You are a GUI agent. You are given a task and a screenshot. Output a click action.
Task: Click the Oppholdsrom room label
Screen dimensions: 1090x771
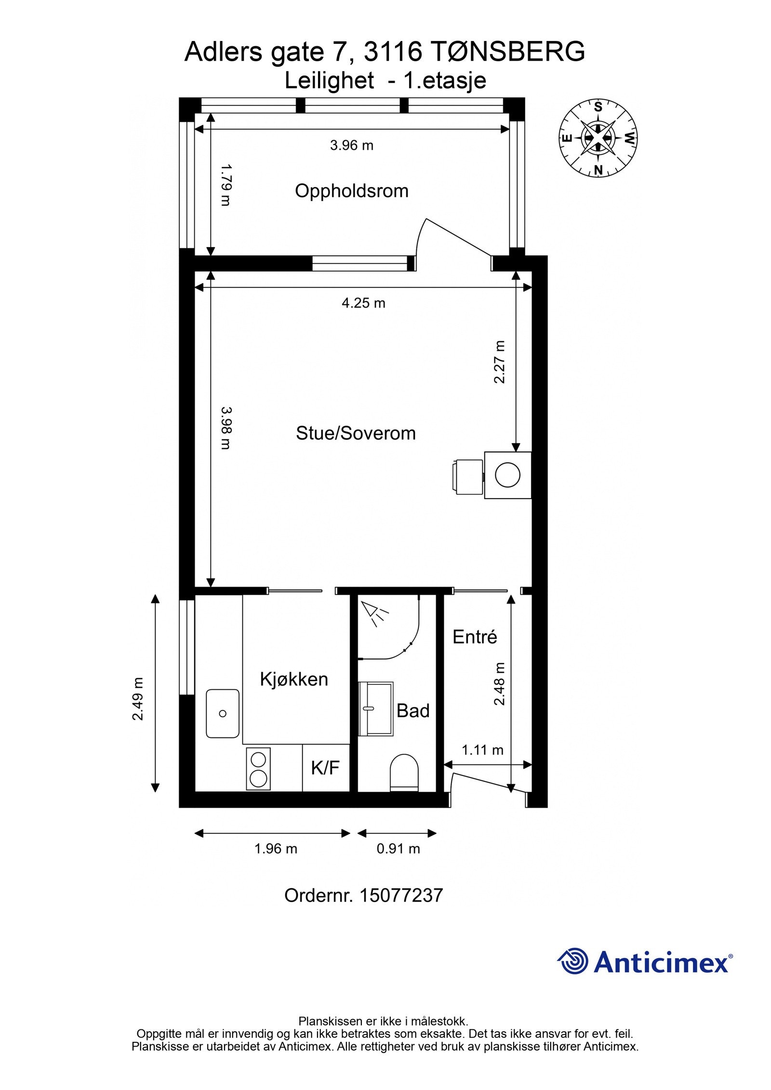click(351, 191)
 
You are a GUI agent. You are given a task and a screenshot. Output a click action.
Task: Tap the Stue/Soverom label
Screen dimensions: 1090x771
click(356, 433)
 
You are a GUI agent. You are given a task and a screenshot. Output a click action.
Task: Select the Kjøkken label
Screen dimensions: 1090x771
click(294, 679)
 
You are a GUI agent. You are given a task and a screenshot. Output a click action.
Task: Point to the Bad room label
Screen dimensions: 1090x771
click(413, 711)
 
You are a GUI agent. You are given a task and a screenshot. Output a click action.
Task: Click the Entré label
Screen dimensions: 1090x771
click(475, 637)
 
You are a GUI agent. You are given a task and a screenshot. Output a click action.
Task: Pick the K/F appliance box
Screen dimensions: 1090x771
click(325, 768)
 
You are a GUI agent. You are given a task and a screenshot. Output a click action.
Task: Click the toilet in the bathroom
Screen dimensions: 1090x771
click(404, 772)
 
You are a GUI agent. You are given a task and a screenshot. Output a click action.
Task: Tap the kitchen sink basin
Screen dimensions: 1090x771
click(223, 713)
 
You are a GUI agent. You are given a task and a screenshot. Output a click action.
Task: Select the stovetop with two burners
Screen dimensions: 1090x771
click(258, 769)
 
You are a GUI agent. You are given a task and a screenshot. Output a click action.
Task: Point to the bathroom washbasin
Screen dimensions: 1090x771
click(376, 709)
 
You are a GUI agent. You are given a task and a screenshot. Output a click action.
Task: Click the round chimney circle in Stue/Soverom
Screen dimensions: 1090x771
click(508, 475)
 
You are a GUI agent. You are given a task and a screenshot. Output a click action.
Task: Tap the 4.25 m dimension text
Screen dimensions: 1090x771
click(363, 303)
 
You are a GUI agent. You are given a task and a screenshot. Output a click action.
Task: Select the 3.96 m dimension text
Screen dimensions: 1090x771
click(351, 145)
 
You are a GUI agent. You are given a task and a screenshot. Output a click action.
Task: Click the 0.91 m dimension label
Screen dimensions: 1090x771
click(398, 849)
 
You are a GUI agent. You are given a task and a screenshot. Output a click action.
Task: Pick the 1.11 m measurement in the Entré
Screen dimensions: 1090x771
click(482, 750)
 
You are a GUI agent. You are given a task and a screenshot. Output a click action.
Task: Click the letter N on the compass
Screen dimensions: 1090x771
click(598, 170)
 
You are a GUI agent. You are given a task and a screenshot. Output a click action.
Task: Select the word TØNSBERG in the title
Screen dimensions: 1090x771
click(506, 52)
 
